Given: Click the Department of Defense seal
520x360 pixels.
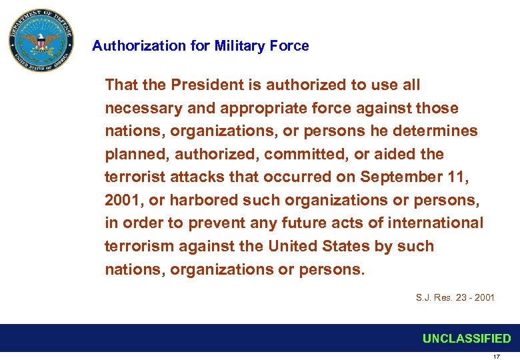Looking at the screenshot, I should pos(42,41).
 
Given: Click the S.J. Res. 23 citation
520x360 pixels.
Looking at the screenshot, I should pos(455,297).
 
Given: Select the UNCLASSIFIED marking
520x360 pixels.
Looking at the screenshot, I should pos(467,339).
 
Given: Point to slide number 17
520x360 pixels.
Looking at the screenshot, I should pos(496,357).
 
